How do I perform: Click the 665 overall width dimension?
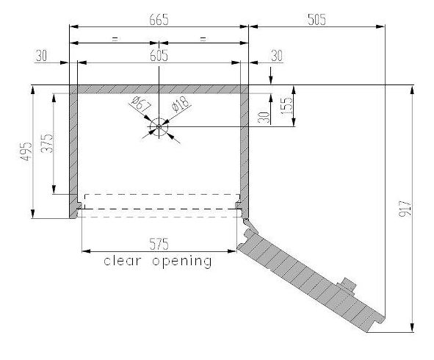click(159, 20)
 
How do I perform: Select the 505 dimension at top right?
click(317, 19)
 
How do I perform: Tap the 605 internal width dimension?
click(159, 56)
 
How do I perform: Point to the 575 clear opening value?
click(159, 244)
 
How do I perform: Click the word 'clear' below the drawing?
click(123, 261)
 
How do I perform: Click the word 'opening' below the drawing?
click(182, 262)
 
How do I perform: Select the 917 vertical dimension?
click(405, 209)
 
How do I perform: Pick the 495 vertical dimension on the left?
click(26, 151)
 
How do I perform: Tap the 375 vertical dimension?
click(47, 143)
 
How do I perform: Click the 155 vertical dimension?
click(286, 107)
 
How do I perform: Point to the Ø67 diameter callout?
click(141, 104)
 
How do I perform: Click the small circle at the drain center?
click(159, 126)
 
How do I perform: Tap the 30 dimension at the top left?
click(41, 56)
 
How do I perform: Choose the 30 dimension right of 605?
click(277, 56)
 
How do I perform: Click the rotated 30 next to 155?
click(264, 118)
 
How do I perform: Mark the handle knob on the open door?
click(347, 284)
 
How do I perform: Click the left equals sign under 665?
click(115, 38)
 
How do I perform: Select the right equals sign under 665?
click(203, 38)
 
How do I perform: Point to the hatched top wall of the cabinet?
click(159, 89)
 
